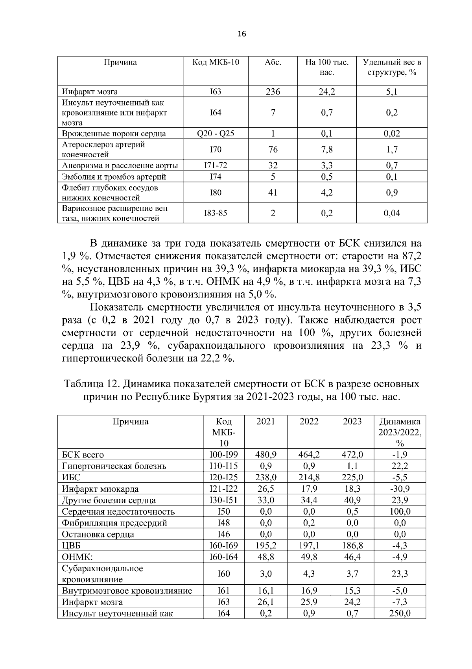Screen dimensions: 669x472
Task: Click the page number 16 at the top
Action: tap(242, 34)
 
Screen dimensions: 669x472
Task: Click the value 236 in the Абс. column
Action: tap(273, 92)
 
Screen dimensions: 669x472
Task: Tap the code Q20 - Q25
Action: tap(215, 134)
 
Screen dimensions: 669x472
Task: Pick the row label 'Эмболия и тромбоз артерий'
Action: tap(114, 177)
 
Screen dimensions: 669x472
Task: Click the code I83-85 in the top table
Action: tap(215, 213)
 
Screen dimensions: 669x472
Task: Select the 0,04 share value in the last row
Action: tap(392, 213)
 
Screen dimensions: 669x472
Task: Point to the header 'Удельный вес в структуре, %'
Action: tap(392, 67)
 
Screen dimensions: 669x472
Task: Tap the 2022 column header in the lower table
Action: tap(309, 422)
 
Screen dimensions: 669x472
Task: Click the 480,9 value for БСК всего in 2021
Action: tap(266, 455)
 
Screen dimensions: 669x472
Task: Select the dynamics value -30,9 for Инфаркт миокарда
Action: tap(400, 489)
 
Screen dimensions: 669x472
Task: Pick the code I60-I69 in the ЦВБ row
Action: tap(224, 546)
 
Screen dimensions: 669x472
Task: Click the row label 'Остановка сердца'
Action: tap(98, 535)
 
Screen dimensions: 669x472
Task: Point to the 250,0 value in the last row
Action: tap(400, 613)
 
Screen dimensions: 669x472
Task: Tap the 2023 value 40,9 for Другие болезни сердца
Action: tap(352, 500)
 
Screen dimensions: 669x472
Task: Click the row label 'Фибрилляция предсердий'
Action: tap(114, 523)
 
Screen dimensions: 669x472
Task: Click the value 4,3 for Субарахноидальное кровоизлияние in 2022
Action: tap(309, 574)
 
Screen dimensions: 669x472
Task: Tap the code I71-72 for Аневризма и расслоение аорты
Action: tap(215, 165)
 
